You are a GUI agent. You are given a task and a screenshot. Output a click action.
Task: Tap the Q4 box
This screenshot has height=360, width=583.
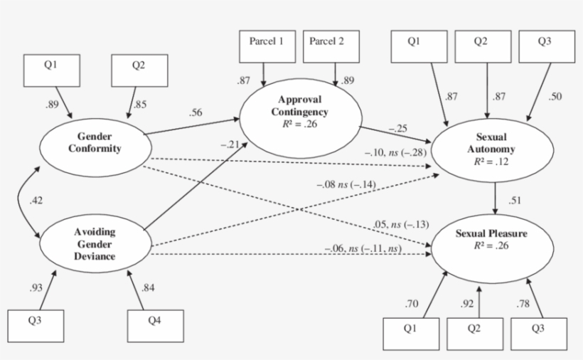click(154, 325)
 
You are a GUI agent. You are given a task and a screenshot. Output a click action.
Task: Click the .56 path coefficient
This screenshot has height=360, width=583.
click(197, 112)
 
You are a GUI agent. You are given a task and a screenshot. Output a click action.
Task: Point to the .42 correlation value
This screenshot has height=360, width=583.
click(36, 201)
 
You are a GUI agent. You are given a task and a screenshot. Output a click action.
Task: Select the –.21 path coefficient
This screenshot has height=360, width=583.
click(227, 144)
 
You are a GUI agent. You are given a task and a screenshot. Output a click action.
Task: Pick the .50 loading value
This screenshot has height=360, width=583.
click(554, 97)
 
